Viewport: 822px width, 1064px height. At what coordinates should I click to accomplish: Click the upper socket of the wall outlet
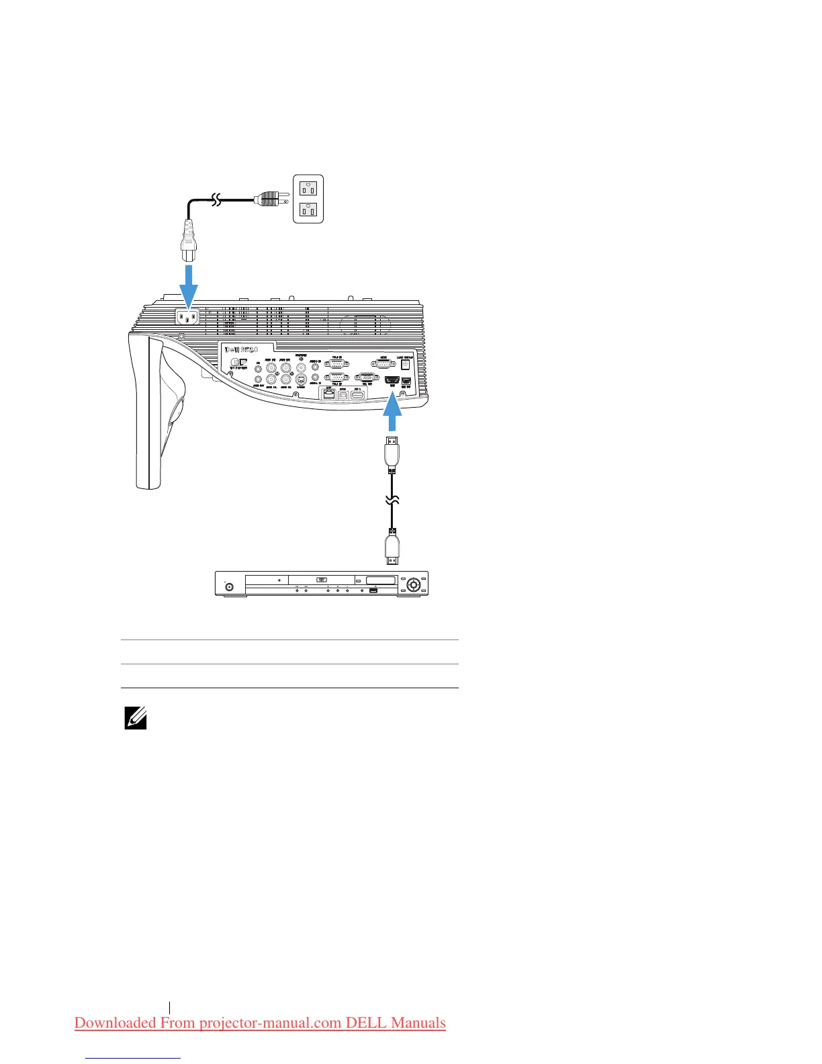[x=308, y=187]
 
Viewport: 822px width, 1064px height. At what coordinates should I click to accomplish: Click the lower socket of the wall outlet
[x=308, y=211]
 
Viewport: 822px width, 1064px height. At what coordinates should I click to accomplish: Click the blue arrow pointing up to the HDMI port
[x=392, y=413]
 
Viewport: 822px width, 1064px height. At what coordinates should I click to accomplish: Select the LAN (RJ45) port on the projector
[x=329, y=395]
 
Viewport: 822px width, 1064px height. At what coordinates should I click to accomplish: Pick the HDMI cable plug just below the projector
[x=392, y=454]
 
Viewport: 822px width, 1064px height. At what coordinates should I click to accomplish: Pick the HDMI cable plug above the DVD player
[x=392, y=547]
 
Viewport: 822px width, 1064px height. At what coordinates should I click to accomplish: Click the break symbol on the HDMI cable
[x=392, y=500]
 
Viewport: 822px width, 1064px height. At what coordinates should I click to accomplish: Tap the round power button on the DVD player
[x=229, y=586]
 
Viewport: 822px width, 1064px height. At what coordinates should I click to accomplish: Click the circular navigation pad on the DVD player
[x=412, y=584]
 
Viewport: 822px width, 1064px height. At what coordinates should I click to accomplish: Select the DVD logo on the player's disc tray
[x=321, y=580]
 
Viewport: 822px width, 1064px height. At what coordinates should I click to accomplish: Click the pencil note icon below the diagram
[x=136, y=719]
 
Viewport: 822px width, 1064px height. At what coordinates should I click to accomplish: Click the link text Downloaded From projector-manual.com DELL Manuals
[x=260, y=1023]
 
